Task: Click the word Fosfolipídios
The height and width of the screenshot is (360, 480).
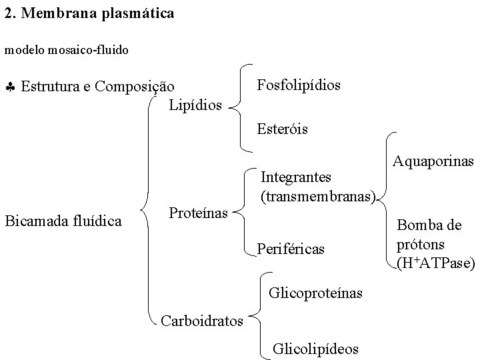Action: [298, 85]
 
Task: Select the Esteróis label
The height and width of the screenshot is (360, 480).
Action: [282, 129]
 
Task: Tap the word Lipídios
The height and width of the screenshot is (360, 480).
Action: [195, 105]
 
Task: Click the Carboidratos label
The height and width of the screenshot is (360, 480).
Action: [202, 321]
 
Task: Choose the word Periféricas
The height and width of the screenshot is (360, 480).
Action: [291, 249]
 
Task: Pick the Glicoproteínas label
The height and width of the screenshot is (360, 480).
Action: [315, 293]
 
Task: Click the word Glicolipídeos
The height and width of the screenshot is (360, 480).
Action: [315, 349]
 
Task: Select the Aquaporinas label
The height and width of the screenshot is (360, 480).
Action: [433, 161]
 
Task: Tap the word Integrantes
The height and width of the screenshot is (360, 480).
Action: [295, 177]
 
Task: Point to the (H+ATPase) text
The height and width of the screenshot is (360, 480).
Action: [435, 263]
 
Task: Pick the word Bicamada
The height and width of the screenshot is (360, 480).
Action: [35, 220]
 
